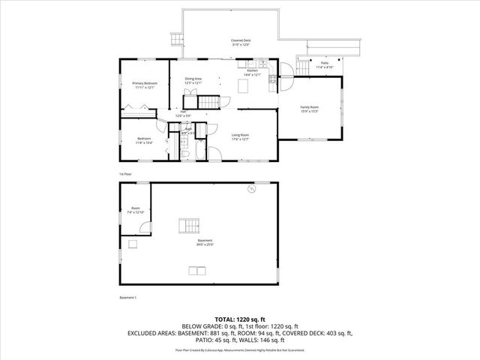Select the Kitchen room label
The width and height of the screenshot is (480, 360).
(x=251, y=72)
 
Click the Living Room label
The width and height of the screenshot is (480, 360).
(x=240, y=136)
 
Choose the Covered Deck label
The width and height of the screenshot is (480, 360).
(x=241, y=42)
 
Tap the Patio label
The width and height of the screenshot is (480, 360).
(x=324, y=64)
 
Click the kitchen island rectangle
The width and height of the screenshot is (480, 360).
(x=243, y=86)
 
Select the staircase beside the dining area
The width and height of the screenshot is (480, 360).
(x=207, y=101)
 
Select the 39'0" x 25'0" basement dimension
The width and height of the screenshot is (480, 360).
(x=205, y=244)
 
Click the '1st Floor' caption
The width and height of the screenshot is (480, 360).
(x=124, y=173)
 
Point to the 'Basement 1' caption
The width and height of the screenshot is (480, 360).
(x=128, y=298)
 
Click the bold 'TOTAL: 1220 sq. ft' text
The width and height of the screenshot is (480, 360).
(x=239, y=319)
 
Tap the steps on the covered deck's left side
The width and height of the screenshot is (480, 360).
(x=177, y=40)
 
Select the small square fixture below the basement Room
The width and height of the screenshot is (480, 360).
(x=133, y=244)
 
